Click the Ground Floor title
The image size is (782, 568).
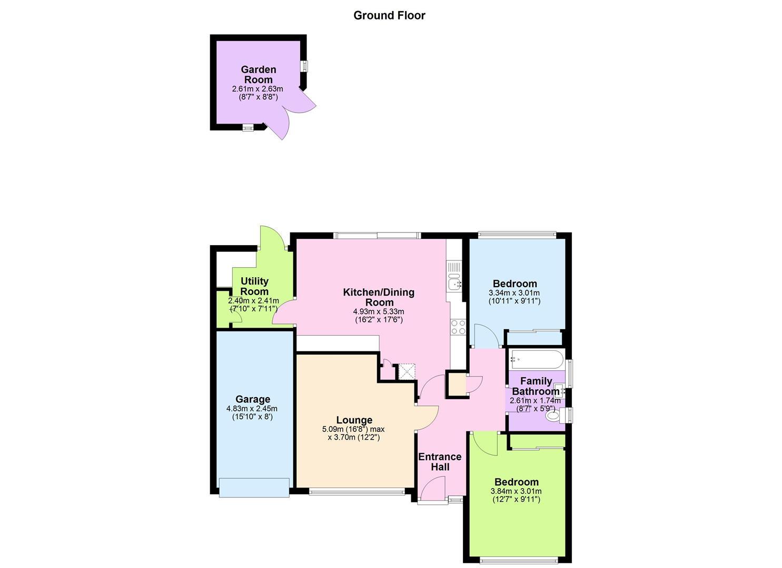(389, 15)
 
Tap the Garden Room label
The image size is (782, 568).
(259, 74)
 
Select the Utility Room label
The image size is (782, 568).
(254, 286)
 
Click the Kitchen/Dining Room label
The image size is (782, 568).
(379, 297)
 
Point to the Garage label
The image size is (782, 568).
(253, 399)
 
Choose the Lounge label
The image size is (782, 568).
(354, 420)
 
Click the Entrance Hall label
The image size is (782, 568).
(440, 462)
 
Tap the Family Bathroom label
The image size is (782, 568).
(536, 386)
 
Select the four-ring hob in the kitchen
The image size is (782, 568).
(458, 327)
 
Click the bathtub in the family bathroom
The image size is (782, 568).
(536, 359)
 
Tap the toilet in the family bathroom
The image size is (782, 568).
(556, 415)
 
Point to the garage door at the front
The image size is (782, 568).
(254, 488)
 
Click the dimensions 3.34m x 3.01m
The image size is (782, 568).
(514, 293)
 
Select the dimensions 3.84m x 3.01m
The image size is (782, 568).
(516, 491)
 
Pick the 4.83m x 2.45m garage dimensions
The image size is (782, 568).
(252, 409)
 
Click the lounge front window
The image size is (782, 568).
(357, 492)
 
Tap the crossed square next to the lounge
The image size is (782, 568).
(407, 372)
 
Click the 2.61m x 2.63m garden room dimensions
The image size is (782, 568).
(258, 89)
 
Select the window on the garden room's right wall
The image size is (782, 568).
(305, 66)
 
